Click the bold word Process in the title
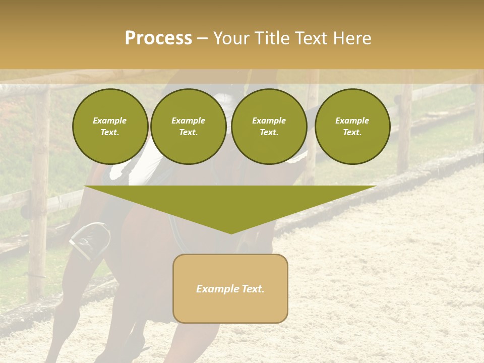tap(158, 38)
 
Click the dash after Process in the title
tap(202, 39)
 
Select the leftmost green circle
tap(110, 127)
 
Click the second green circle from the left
tap(188, 127)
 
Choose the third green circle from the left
tap(269, 127)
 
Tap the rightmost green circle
tap(352, 127)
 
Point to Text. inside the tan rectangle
tap(252, 289)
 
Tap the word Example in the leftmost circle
tap(110, 120)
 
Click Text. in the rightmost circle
tap(352, 132)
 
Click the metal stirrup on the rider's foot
tap(89, 240)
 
